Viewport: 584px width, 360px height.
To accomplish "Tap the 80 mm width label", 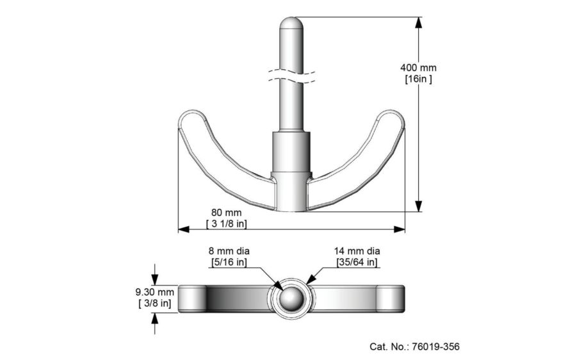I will coord(227,212).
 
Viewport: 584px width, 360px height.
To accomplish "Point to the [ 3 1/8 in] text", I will coord(227,224).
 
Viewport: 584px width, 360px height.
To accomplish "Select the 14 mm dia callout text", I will coord(357,250).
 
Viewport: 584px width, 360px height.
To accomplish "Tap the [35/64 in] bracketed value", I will coord(357,262).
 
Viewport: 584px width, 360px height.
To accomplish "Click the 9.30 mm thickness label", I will coord(154,291).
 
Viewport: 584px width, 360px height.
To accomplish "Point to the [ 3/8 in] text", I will coord(154,303).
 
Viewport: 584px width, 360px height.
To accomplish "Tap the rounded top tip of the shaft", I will coord(291,23).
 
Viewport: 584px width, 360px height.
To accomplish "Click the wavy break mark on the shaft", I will coord(291,73).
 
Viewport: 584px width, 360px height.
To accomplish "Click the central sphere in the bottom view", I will coord(291,298).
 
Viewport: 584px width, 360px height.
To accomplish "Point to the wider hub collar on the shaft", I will coord(291,152).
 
